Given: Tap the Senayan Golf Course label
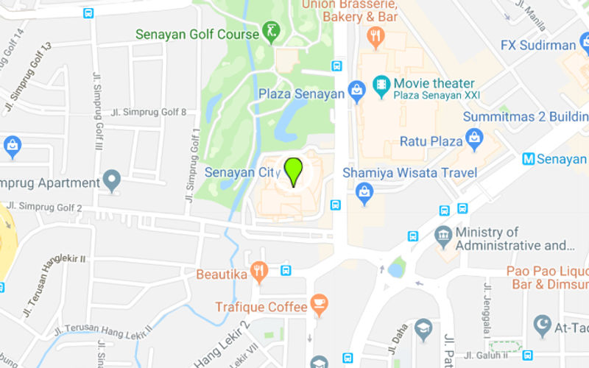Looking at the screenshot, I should tap(197, 34).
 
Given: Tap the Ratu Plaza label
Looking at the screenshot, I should tap(430, 141).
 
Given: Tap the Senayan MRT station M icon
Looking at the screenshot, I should tap(527, 159).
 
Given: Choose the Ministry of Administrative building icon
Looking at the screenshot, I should tap(442, 238).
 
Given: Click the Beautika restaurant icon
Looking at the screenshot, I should tap(258, 272).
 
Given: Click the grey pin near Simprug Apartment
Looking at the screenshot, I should tap(111, 181).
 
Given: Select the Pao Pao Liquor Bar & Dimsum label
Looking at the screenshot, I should tap(548, 277).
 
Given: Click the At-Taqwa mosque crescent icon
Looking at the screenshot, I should tap(543, 323).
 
